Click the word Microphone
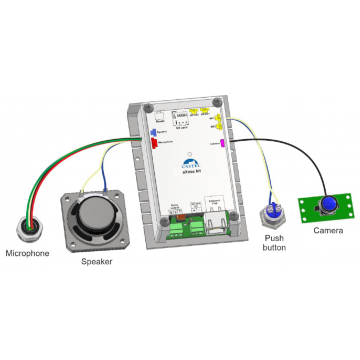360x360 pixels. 26,254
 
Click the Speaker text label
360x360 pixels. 97,263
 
